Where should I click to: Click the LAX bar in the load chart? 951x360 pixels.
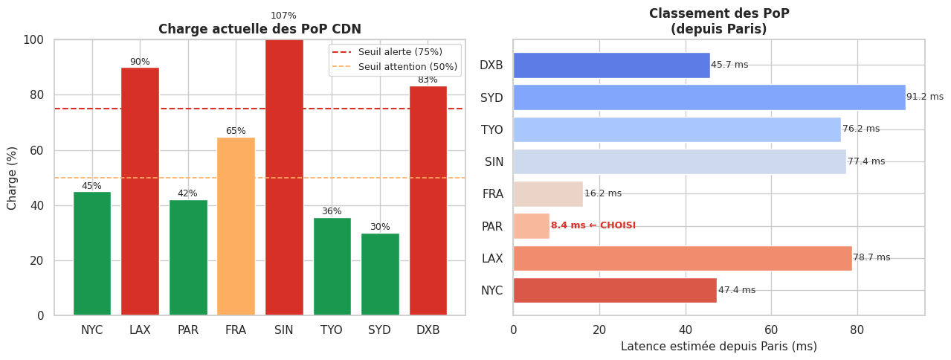click(140, 191)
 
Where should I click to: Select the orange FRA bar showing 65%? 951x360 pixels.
click(236, 226)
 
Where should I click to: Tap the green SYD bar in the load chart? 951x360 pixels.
click(380, 274)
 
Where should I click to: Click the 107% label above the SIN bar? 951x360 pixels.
click(283, 16)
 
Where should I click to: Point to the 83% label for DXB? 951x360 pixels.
click(428, 80)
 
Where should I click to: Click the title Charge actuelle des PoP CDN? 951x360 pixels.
click(259, 30)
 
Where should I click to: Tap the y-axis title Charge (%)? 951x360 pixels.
click(13, 178)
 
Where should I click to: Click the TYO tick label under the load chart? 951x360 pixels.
click(332, 330)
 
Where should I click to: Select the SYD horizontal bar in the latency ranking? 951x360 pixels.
click(709, 97)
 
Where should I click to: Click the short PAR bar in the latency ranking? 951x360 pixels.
click(531, 226)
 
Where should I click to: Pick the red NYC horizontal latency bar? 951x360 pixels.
click(614, 290)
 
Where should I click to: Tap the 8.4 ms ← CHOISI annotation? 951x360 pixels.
click(593, 226)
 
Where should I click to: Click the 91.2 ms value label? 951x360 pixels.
click(924, 97)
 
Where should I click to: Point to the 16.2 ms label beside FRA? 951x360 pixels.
click(603, 194)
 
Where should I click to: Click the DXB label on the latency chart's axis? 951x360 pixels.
click(491, 65)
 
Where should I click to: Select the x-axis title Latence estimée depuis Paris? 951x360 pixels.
click(718, 347)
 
